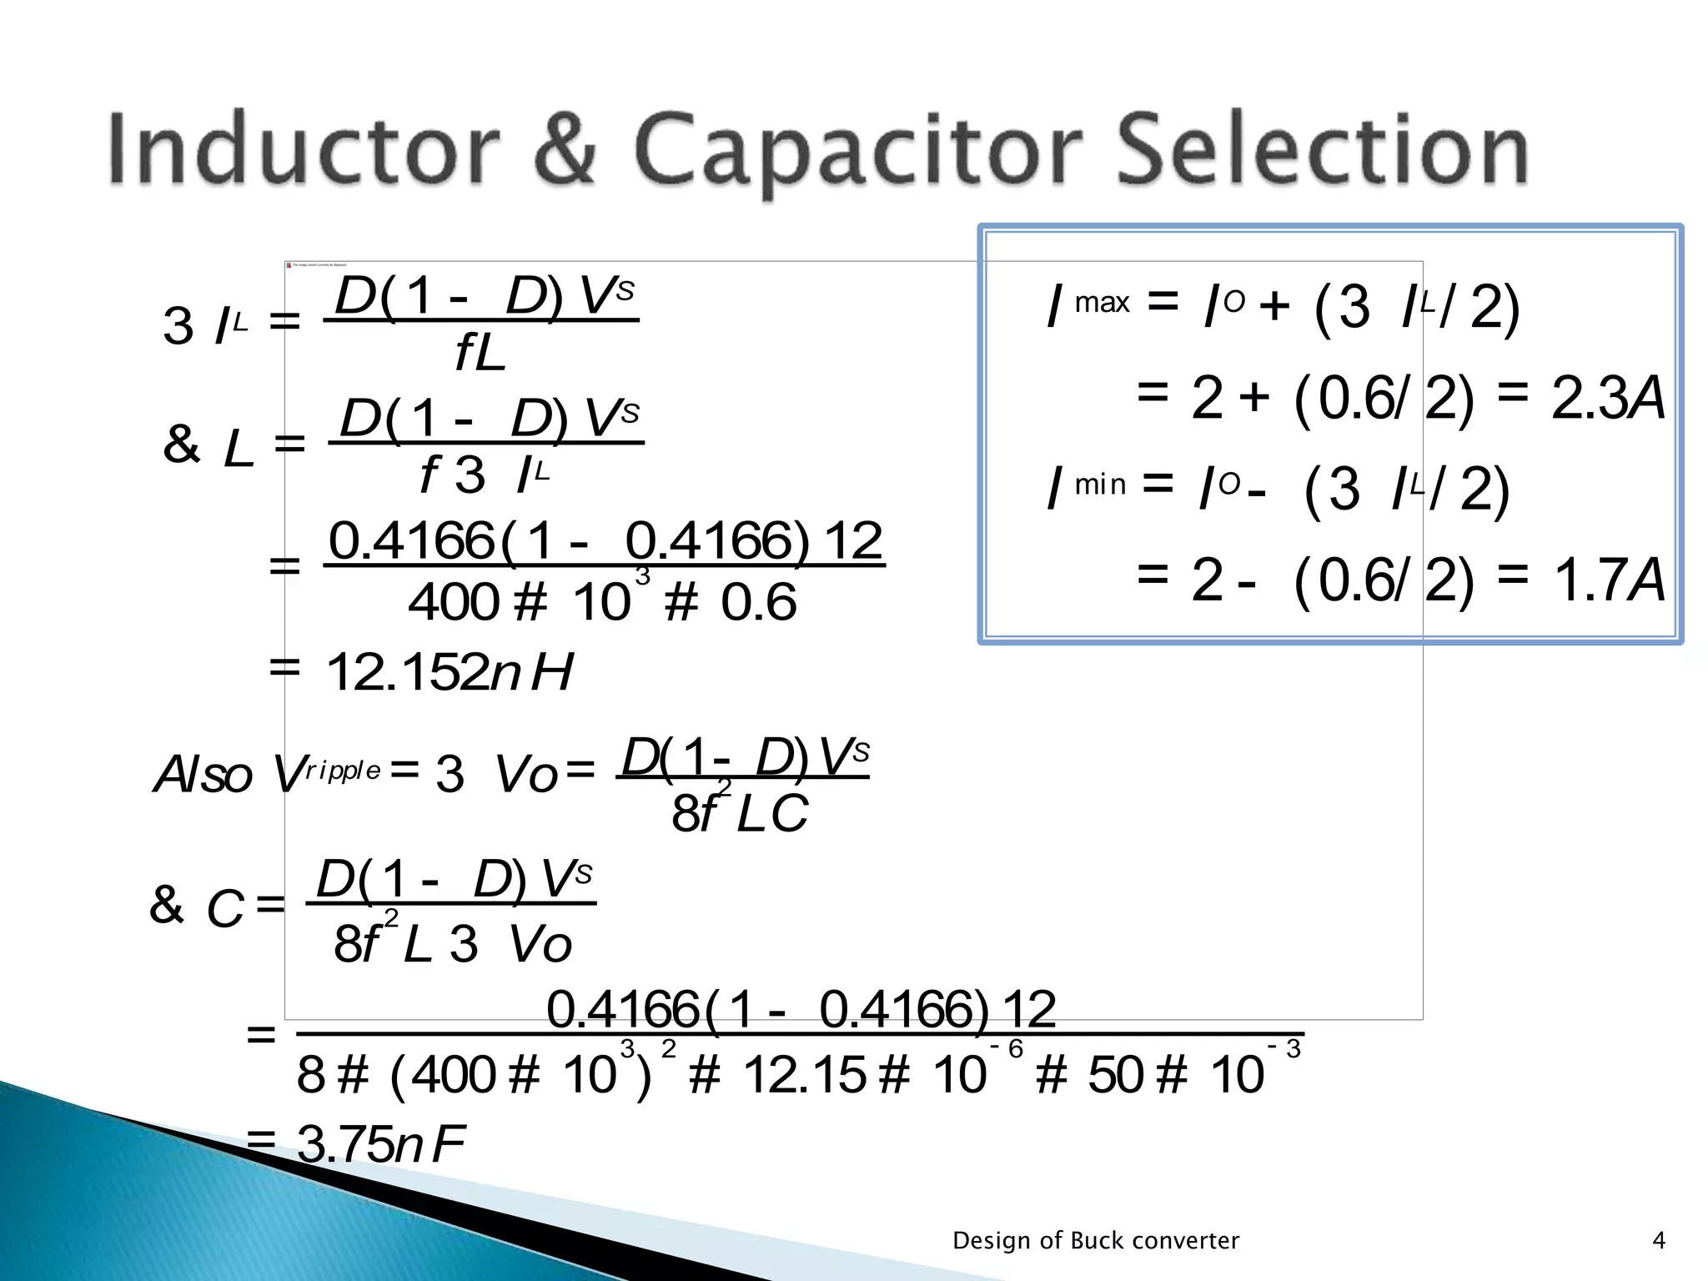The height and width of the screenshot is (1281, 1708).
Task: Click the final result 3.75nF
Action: tap(380, 1143)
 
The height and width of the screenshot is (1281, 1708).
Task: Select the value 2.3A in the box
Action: tap(1607, 399)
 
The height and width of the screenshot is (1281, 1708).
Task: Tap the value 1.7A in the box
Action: tap(1607, 580)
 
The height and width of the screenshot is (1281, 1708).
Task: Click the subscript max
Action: tap(1102, 302)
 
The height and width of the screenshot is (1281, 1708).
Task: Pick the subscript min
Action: tap(1100, 484)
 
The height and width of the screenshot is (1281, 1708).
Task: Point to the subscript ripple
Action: tap(343, 771)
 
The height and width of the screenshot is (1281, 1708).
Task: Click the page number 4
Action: tap(1659, 1241)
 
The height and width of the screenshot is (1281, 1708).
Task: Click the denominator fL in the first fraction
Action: tap(480, 353)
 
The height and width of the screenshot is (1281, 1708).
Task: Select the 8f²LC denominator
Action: tap(739, 813)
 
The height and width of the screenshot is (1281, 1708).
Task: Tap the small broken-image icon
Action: tap(289, 265)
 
